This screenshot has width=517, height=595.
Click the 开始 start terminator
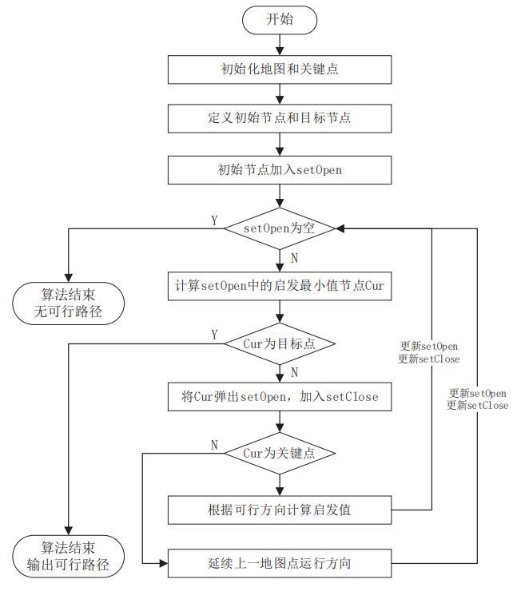pyautogui.click(x=279, y=19)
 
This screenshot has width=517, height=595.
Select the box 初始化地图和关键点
pyautogui.click(x=279, y=69)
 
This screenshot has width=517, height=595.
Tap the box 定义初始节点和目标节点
pyautogui.click(x=279, y=118)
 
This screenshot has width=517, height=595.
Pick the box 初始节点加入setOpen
pyautogui.click(x=279, y=169)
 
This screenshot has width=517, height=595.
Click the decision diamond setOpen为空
pyautogui.click(x=279, y=228)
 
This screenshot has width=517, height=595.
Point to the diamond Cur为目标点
pyautogui.click(x=279, y=344)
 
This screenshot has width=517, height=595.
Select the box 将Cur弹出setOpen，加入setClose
pyautogui.click(x=279, y=396)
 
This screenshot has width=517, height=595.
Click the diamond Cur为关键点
pyautogui.click(x=279, y=454)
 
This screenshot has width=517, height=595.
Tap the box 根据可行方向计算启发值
pyautogui.click(x=279, y=510)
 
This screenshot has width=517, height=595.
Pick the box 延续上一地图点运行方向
pyautogui.click(x=279, y=563)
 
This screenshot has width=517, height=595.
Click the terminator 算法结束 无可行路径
pyautogui.click(x=69, y=303)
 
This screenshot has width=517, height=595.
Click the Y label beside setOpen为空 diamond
pyautogui.click(x=213, y=220)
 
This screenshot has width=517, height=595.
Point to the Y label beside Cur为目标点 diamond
pyautogui.click(x=213, y=334)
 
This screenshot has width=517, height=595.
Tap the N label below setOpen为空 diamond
pyautogui.click(x=294, y=258)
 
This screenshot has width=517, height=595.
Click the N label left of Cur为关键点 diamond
pyautogui.click(x=214, y=445)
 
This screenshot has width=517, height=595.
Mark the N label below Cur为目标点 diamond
pyautogui.click(x=294, y=372)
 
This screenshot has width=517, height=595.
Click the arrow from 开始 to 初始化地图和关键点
pyautogui.click(x=279, y=44)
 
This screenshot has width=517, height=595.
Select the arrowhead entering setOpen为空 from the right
pyautogui.click(x=340, y=228)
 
